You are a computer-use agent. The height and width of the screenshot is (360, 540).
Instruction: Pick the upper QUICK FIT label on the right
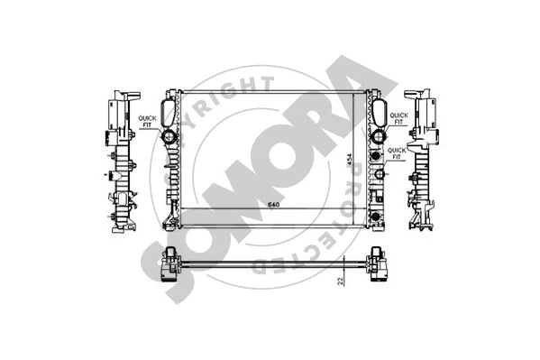click(x=398, y=118)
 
